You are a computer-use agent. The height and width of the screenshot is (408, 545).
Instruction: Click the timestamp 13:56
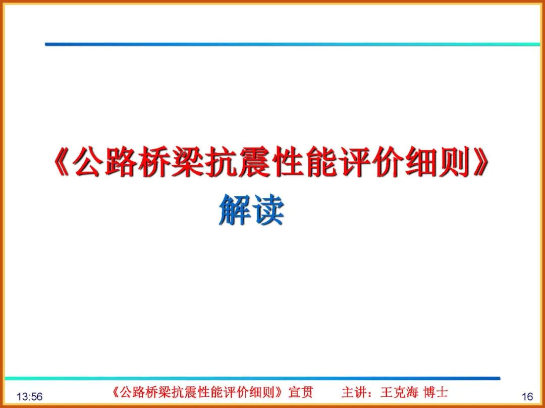(29, 397)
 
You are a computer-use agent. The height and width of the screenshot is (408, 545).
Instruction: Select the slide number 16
(527, 397)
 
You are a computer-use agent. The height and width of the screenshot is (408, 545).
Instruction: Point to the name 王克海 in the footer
(399, 392)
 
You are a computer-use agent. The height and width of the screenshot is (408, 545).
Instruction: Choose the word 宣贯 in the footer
(300, 392)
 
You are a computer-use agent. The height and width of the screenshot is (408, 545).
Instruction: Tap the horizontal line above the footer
(252, 378)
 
